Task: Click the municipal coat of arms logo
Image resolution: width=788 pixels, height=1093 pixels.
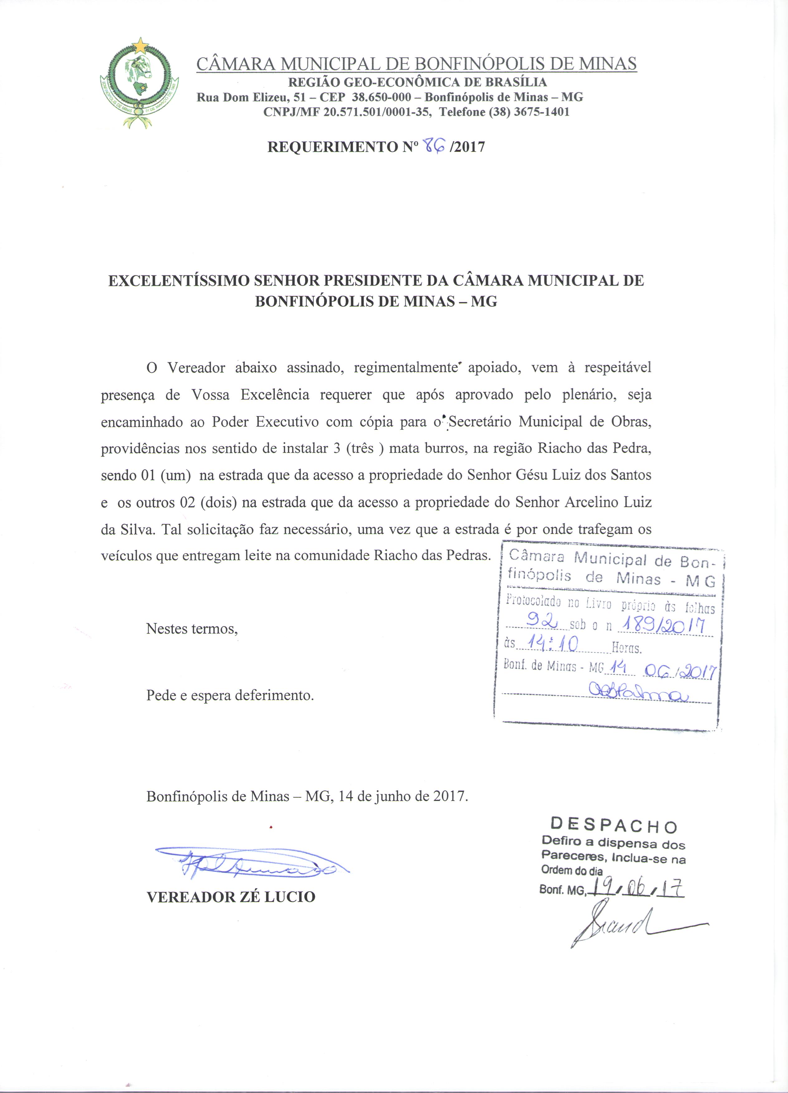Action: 140,82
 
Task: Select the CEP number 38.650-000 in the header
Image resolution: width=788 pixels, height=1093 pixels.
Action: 382,97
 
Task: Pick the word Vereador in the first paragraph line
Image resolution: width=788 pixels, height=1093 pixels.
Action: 196,368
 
